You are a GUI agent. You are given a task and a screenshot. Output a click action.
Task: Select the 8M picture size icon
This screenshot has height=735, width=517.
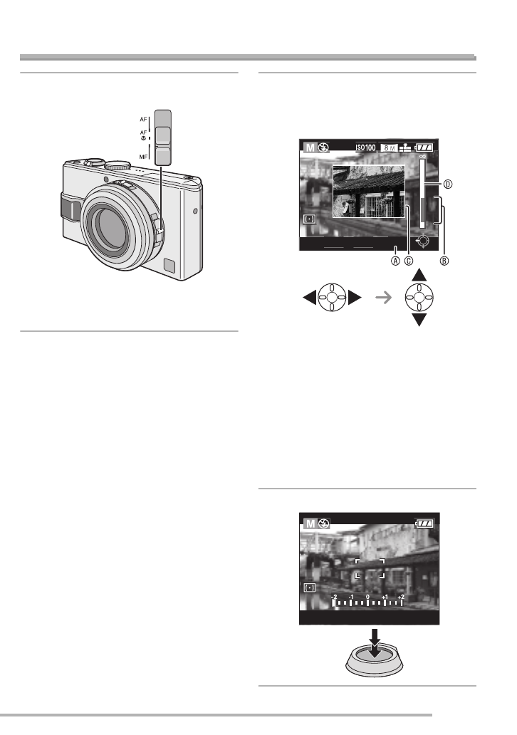(x=390, y=147)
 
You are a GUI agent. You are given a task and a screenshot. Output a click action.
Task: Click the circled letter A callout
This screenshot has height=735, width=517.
(x=396, y=260)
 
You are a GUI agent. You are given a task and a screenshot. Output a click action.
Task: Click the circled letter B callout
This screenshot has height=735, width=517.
(x=445, y=260)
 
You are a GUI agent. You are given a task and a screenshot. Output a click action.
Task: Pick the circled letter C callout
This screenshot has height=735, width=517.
(x=409, y=260)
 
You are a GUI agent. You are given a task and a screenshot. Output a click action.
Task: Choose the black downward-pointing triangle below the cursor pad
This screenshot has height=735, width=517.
(x=419, y=320)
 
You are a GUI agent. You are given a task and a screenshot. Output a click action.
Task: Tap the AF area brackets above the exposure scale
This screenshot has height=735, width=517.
(x=370, y=568)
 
